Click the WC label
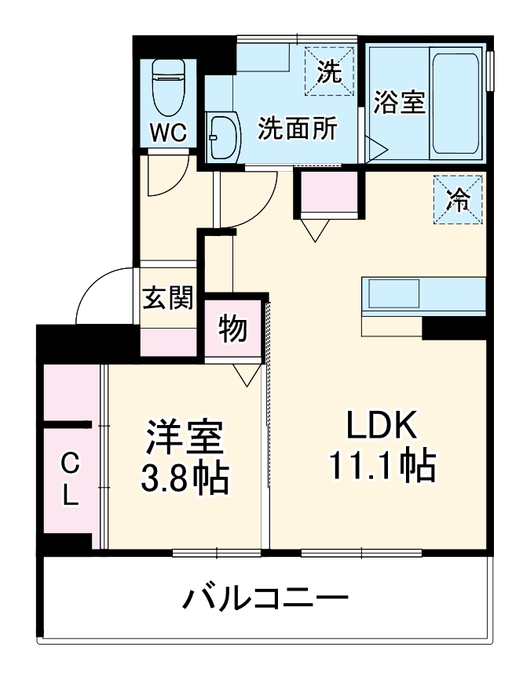(x=169, y=132)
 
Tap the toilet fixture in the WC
(x=169, y=86)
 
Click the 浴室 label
(x=400, y=102)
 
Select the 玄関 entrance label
(x=167, y=298)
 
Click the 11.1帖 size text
(x=381, y=467)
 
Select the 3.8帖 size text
(x=185, y=478)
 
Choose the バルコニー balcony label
(x=265, y=599)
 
